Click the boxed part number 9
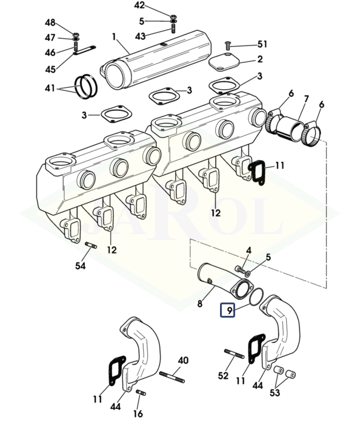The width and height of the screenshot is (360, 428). click(x=227, y=310)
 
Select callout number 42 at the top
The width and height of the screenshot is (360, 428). click(x=139, y=5)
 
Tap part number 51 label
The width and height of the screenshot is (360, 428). click(x=262, y=44)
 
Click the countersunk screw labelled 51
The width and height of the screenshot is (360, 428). click(x=227, y=45)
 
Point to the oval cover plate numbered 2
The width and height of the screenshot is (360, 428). click(x=224, y=62)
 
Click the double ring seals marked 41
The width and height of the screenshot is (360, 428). click(x=86, y=87)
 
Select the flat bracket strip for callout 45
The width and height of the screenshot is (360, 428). click(x=85, y=50)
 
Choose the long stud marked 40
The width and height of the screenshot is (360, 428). click(x=172, y=377)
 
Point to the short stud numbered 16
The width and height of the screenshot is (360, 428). click(x=141, y=393)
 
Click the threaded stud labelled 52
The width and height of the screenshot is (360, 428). click(x=234, y=354)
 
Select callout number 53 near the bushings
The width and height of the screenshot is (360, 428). click(x=275, y=392)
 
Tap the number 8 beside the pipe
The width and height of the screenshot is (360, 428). click(x=200, y=303)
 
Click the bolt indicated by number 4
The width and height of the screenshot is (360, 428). click(x=240, y=270)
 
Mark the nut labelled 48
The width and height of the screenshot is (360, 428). click(x=76, y=35)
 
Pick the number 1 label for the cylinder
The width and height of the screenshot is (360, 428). click(x=114, y=37)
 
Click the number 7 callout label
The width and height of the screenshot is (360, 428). click(x=306, y=99)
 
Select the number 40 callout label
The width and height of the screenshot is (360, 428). click(x=183, y=360)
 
